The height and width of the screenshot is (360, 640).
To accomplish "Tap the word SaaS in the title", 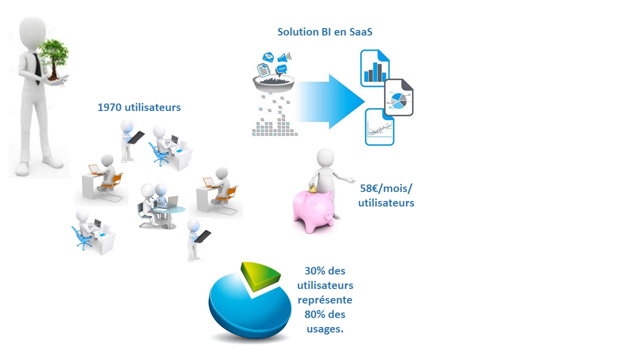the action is pos(360,31).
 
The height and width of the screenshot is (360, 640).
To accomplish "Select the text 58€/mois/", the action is pos(386,188).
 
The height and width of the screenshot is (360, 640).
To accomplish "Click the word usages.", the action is pos(325,329).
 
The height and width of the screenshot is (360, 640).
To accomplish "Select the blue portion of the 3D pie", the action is pos(250,310).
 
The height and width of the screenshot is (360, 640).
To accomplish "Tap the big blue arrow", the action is pos(331,101).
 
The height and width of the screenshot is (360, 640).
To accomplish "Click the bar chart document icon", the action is pos(374,68).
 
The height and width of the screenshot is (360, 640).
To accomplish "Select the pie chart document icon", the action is pos(399,97).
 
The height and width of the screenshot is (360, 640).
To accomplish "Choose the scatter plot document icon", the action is pos(379,127).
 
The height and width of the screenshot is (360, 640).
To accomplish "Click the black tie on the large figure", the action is pos(37,68).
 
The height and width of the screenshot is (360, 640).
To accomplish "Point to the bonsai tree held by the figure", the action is pos(53,60).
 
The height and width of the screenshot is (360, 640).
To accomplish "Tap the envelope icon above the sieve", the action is pos(268,57).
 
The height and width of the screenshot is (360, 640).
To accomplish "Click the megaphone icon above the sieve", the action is pos(284,57).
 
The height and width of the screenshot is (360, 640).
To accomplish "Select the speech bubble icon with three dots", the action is pos(281,69).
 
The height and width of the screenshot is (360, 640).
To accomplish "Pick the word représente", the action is pos(325,300).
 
